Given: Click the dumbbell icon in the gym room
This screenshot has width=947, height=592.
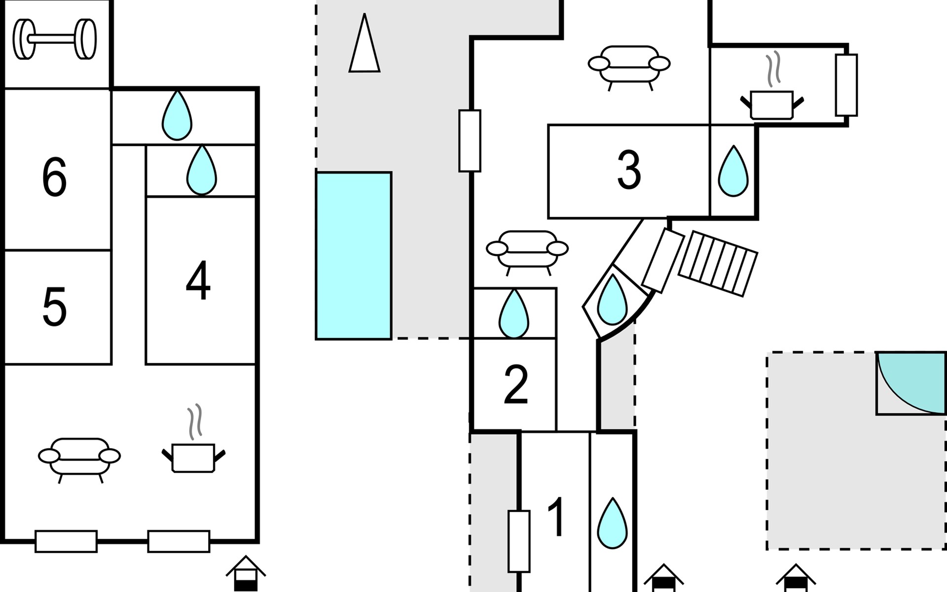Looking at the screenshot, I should (x=54, y=39).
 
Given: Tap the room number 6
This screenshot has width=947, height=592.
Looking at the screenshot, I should (x=54, y=177).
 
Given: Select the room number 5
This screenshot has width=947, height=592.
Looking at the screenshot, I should (x=54, y=307).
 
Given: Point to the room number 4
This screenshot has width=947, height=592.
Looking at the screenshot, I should (x=198, y=281).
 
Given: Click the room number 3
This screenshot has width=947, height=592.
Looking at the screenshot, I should (x=629, y=170).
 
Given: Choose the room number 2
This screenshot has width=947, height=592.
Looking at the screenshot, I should (x=516, y=385).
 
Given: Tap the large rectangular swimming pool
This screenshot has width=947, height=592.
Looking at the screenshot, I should (x=354, y=256).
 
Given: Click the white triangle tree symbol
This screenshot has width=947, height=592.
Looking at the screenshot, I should (x=364, y=47).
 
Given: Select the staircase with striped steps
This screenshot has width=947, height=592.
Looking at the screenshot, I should (x=718, y=263).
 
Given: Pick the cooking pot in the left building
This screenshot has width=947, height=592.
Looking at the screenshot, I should (x=193, y=456).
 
